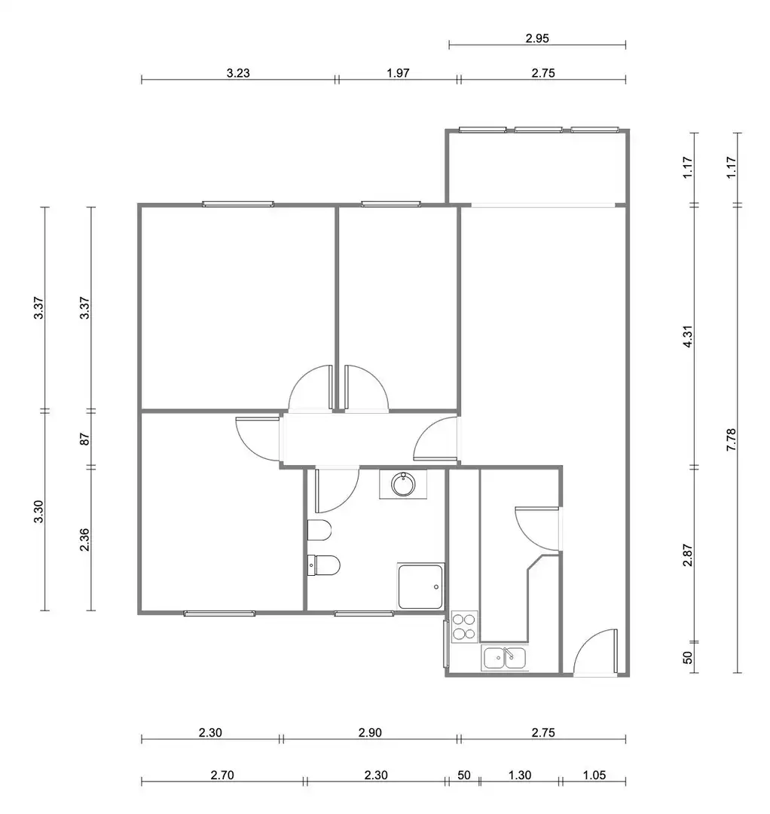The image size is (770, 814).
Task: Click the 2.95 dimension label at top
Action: [537, 38]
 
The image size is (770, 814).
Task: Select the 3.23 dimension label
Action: [238, 73]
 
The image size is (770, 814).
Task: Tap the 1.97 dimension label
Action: [398, 73]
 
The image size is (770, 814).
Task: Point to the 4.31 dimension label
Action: [687, 336]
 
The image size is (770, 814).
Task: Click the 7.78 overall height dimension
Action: [731, 439]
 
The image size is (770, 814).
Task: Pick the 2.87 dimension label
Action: [687, 555]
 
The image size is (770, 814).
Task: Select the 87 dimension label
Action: [85, 439]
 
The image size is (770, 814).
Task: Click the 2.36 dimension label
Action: [85, 540]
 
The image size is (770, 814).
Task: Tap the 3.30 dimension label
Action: [39, 511]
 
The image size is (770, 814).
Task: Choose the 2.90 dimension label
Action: [370, 733]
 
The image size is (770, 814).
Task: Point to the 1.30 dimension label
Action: [519, 775]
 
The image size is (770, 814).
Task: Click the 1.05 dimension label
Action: [594, 775]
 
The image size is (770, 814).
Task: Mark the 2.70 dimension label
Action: [222, 775]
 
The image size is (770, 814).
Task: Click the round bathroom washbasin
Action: [403, 485]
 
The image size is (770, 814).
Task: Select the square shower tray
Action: [421, 586]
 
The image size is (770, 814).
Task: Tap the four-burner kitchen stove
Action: [464, 626]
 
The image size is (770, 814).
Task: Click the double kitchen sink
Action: [504, 658]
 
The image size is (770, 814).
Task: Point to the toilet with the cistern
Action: [324, 565]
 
